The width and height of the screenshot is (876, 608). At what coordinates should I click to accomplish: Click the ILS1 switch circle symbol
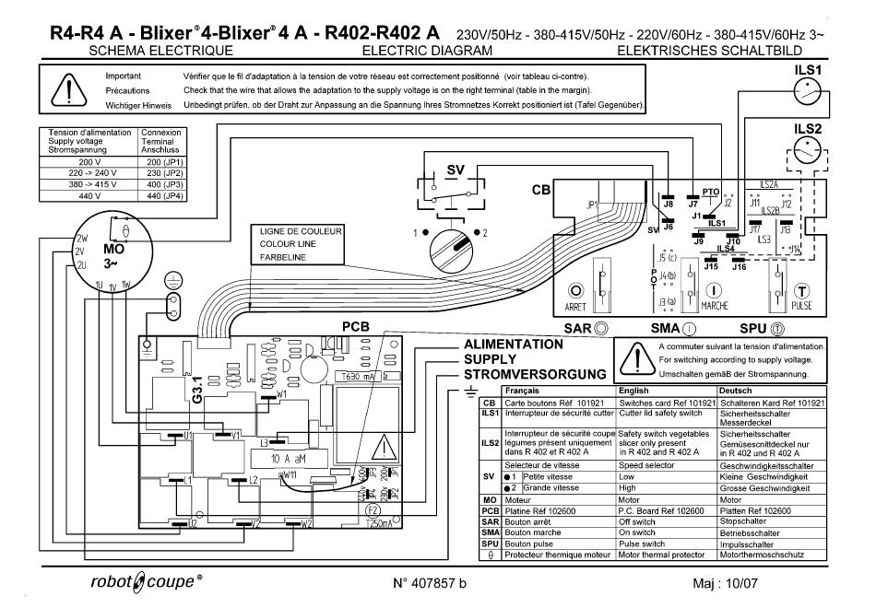pyautogui.click(x=808, y=93)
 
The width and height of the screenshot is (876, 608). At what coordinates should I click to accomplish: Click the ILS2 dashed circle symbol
pyautogui.click(x=808, y=152)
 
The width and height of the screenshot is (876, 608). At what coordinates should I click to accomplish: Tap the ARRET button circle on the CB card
pyautogui.click(x=577, y=290)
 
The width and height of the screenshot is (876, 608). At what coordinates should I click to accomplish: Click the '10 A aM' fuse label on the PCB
pyautogui.click(x=294, y=458)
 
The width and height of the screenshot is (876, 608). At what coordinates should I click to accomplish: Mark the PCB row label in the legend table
pyautogui.click(x=491, y=511)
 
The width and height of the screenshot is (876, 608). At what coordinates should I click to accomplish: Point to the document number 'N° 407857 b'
pyautogui.click(x=430, y=584)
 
